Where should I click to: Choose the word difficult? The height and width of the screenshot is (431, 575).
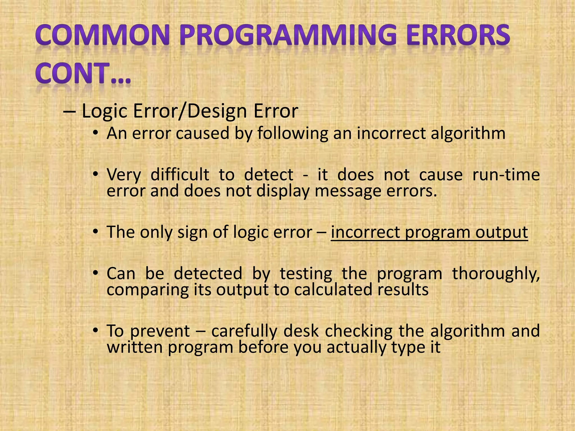pyautogui.click(x=180, y=175)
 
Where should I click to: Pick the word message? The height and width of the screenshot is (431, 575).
pyautogui.click(x=348, y=191)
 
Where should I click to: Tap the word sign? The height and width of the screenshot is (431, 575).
pyautogui.click(x=192, y=232)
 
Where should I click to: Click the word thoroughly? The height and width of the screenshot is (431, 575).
pyautogui.click(x=496, y=274)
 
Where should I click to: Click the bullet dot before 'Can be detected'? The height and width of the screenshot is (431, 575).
pyautogui.click(x=96, y=273)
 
